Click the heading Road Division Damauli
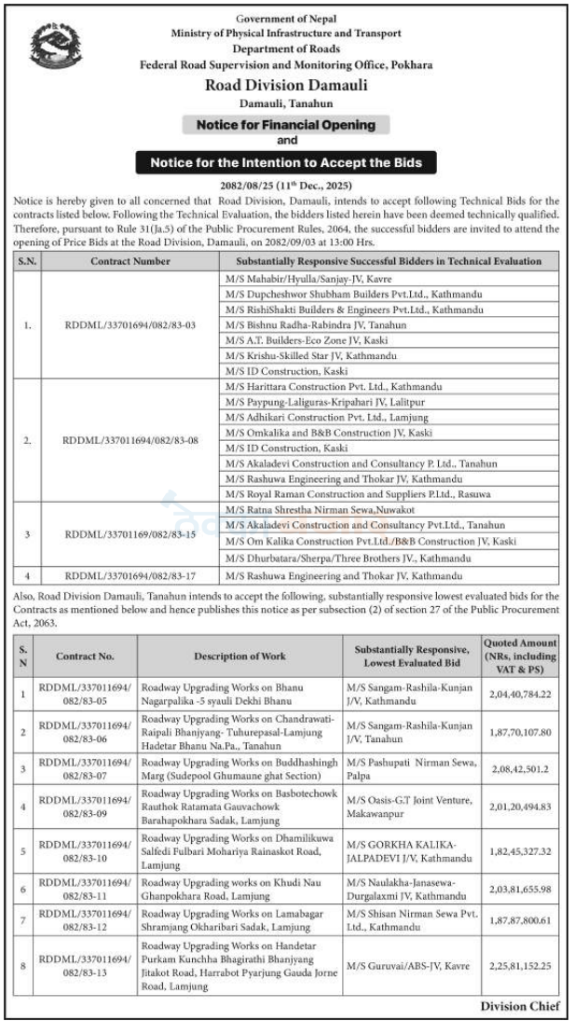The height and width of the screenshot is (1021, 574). [x=286, y=85]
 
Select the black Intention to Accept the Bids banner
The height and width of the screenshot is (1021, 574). [x=286, y=162]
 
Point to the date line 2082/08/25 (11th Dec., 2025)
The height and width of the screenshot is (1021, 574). [x=286, y=186]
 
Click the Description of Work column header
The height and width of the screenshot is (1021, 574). [x=239, y=655]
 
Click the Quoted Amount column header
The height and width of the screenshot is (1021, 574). [x=521, y=655]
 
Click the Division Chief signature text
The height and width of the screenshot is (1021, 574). [x=520, y=1006]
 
